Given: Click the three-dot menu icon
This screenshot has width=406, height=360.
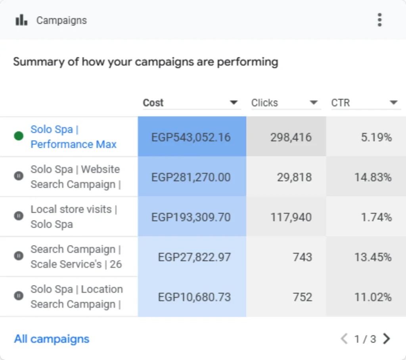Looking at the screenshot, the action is pos(379,20).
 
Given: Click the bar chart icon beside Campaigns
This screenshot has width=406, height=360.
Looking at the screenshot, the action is pos(21,20).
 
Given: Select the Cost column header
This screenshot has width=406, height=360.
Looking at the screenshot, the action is pos(153,103).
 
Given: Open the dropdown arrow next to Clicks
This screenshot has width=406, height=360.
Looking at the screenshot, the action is pos(314,103).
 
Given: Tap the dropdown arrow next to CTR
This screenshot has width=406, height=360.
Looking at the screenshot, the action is pos(394,103).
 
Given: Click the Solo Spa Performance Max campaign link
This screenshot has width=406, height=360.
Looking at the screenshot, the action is pos(73,137).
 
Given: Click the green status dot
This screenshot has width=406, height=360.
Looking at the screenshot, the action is pos(19,136).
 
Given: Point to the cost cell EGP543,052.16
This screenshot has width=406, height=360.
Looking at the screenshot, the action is pos(191,137).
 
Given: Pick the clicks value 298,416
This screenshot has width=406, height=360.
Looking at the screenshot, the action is pos(291,137).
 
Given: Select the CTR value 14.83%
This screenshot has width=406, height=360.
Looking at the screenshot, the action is pos(373,177).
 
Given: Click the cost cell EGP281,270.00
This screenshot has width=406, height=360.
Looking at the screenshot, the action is pos(191,177).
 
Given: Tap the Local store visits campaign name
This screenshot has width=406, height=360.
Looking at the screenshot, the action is pos(74,217).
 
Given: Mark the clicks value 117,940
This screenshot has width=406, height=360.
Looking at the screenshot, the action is pos(291,217).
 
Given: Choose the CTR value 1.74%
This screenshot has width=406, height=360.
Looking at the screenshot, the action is pos(377,217).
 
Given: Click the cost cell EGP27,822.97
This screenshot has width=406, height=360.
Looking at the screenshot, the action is pos(194,257).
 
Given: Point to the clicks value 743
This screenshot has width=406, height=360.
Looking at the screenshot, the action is pos(303,257).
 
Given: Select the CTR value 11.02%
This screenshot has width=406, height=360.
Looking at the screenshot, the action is pos(373,297).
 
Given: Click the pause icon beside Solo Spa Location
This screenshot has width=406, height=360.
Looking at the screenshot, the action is pos(19,295).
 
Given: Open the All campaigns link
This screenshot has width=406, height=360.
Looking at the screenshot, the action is pos(52,339).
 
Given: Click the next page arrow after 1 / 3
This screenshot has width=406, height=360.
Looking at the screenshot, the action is pos(387,339).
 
